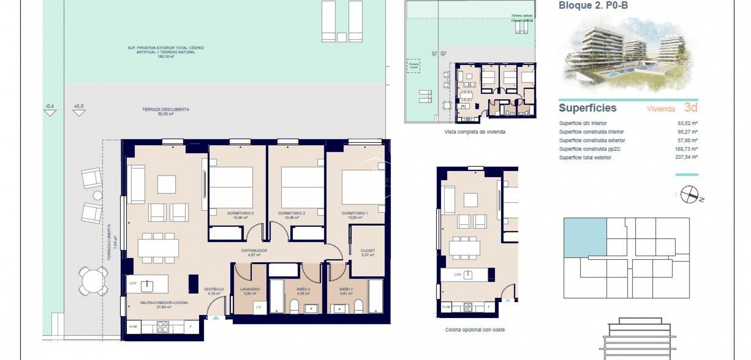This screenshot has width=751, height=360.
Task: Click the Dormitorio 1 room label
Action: (x=355, y=213)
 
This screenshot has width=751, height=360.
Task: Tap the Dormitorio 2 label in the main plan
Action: (x=291, y=213)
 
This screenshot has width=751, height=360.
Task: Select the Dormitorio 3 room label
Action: (x=240, y=213)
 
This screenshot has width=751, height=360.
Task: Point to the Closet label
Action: (x=368, y=250)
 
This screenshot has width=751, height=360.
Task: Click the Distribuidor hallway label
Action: (x=254, y=250)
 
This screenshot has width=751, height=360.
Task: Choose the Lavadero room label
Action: (x=250, y=289)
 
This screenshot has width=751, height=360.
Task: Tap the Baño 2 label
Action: (x=303, y=289)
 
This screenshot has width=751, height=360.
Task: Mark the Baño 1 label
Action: (x=346, y=289)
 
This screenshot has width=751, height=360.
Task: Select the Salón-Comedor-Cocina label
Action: (x=164, y=302)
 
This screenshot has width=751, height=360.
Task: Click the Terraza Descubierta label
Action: (x=166, y=110)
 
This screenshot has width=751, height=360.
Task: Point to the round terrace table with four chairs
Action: (x=93, y=281)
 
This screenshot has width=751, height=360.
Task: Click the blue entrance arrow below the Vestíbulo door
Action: (x=216, y=318)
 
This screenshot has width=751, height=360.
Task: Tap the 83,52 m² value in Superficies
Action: (x=688, y=123)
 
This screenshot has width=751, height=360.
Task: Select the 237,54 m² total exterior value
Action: (x=687, y=157)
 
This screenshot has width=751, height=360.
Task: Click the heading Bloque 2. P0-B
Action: (x=593, y=5)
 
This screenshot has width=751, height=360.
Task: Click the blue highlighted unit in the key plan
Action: (x=585, y=238)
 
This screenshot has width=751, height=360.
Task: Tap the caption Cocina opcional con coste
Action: (x=475, y=330)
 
